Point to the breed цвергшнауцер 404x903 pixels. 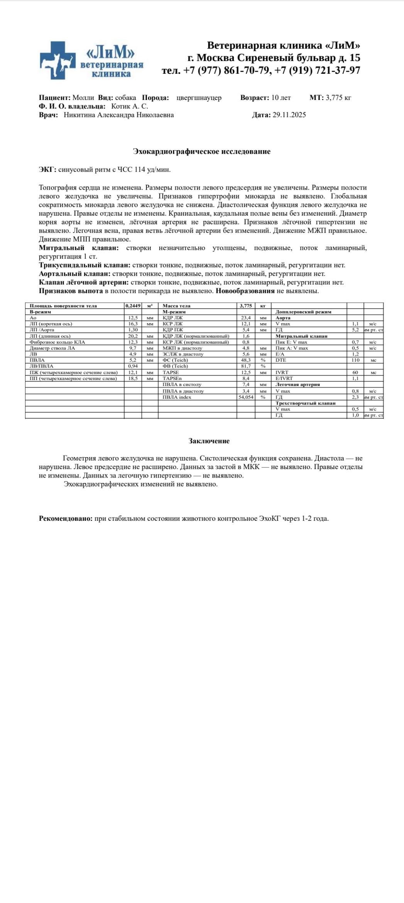pos(199,98)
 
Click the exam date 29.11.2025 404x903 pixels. pos(289,115)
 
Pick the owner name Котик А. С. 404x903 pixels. pos(130,106)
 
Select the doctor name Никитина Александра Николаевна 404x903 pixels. pos(118,115)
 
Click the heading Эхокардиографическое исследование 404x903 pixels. pos(201,151)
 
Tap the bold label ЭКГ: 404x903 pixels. pos(47,169)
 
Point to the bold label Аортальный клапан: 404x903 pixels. pos(74,274)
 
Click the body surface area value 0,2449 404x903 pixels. pos(133,306)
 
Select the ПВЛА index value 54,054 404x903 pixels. pos(246,397)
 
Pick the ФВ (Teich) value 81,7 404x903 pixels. pos(246,366)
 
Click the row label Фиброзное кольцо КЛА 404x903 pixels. pos(57,342)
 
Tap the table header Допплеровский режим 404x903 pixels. pos(303,312)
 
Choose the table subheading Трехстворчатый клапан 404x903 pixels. pos(305,403)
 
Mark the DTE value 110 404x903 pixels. pos(355,360)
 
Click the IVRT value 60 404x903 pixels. pos(355,373)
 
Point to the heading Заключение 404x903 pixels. pos(209,441)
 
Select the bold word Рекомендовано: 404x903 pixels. pos(66,518)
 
